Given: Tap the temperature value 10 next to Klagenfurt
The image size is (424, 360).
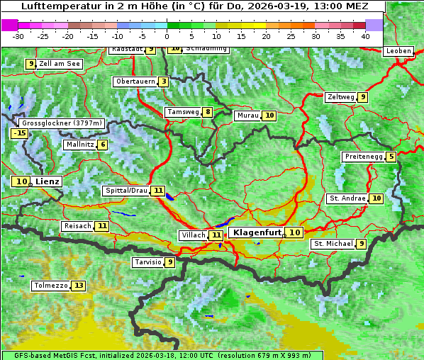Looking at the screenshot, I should [294, 232].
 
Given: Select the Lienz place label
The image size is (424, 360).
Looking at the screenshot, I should [48, 181].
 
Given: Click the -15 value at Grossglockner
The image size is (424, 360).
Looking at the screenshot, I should [19, 133].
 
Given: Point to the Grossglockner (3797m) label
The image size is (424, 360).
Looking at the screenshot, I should [62, 123].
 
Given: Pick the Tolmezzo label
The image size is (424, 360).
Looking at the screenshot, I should [50, 286].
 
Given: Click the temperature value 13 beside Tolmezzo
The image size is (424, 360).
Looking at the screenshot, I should [78, 286].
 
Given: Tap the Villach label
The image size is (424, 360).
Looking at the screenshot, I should [193, 235].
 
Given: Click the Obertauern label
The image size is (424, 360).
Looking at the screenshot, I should [135, 81].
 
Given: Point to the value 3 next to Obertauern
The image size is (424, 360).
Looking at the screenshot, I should [164, 81].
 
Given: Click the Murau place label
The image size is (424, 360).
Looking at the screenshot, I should [247, 116].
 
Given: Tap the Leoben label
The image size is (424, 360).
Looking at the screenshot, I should [398, 51].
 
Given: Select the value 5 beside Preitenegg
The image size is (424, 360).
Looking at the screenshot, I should [391, 157].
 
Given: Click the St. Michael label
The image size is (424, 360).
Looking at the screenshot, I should [333, 244].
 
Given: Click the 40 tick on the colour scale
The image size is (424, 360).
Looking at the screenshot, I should [364, 36].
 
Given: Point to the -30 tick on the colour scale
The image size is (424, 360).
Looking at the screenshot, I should [18, 36].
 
